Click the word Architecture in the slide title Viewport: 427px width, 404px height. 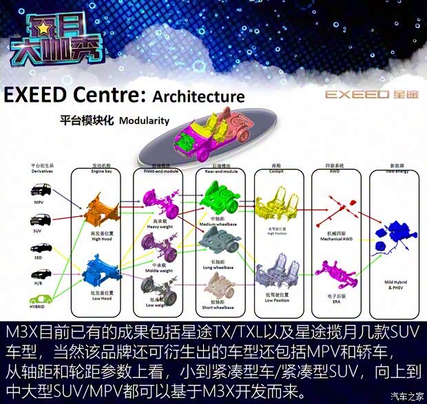(198, 96)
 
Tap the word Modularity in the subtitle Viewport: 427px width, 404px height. (144, 120)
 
